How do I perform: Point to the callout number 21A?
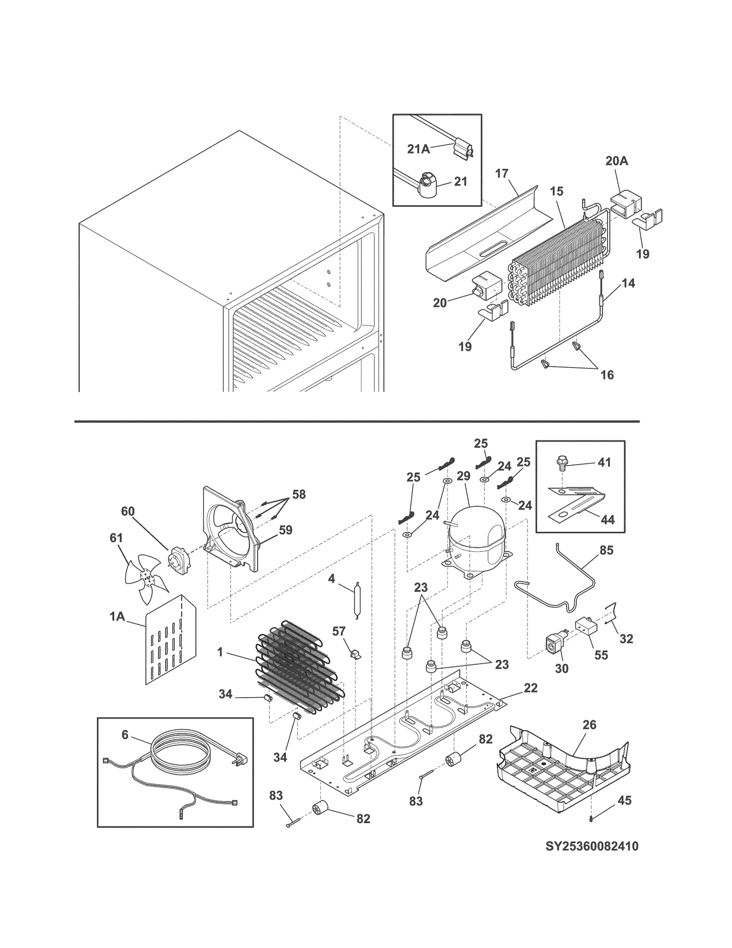coord(418,149)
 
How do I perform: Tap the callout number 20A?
coord(616,161)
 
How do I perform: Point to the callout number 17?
coord(501,173)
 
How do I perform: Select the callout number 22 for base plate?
coord(530,688)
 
